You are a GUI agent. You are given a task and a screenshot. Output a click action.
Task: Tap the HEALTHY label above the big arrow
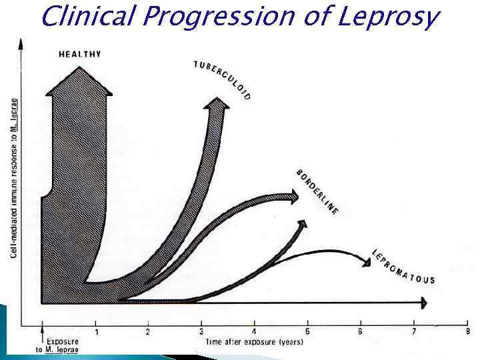click(x=79, y=54)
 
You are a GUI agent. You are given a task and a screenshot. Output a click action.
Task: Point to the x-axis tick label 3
click(x=201, y=331)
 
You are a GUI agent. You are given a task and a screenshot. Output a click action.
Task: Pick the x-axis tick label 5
click(x=307, y=331)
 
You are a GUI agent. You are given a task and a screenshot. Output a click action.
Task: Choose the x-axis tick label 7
click(x=414, y=331)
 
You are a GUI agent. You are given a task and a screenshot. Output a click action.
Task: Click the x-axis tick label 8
click(x=467, y=331)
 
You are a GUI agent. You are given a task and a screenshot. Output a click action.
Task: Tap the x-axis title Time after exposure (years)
click(x=254, y=342)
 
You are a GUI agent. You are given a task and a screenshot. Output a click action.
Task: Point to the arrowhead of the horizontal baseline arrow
click(x=422, y=303)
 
